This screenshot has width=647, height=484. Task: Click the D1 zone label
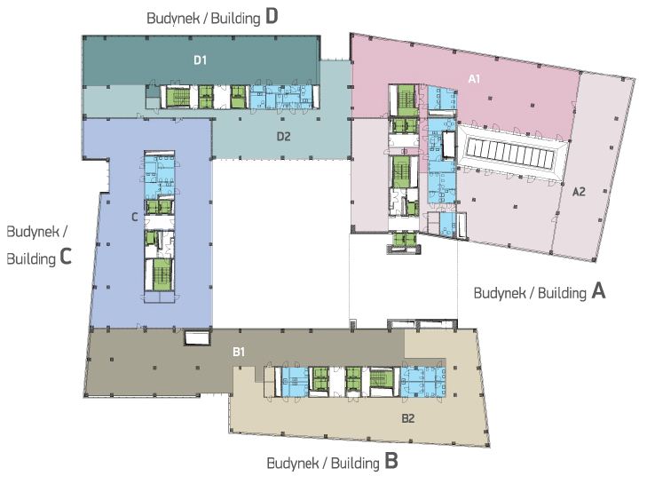point(201,60)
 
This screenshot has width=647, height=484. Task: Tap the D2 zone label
point(283,136)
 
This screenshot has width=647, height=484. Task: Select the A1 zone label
point(474,79)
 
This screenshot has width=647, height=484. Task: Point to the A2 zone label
point(579,191)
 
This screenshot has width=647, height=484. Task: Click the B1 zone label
point(239,353)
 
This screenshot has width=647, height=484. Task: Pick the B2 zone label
point(408,417)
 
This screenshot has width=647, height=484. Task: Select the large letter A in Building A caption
point(598,290)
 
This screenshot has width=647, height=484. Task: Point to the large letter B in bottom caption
point(391,462)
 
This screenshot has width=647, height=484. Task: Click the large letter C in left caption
point(66,259)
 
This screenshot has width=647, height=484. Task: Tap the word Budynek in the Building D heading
point(172,18)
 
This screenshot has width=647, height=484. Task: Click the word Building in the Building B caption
point(353,464)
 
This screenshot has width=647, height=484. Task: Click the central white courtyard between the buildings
point(280,240)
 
